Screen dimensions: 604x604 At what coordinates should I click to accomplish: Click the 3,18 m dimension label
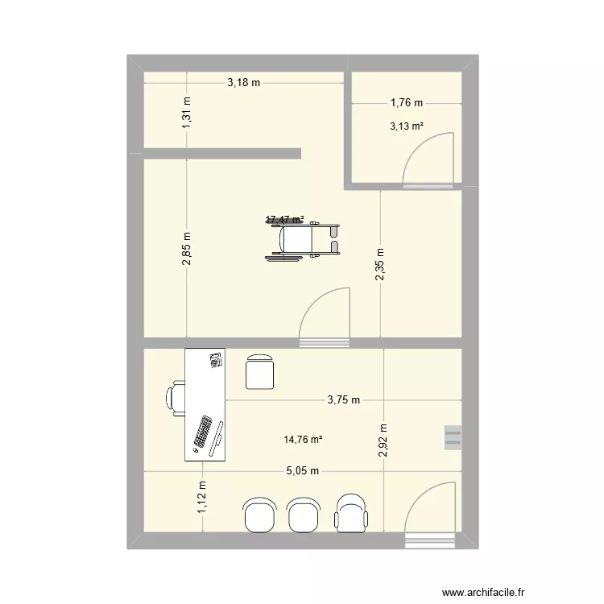coord(245,82)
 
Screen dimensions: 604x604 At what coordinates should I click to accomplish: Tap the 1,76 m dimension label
coord(407,103)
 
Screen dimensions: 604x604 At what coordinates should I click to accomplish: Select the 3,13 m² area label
coord(407,126)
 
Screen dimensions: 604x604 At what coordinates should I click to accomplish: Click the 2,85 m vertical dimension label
coord(187,250)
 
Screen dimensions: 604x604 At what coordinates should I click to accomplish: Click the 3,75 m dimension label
coord(344,399)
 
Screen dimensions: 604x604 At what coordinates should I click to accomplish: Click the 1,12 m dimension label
coord(202,497)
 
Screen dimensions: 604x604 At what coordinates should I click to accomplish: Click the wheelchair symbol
coord(304,239)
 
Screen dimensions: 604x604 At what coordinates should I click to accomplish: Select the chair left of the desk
coord(177,399)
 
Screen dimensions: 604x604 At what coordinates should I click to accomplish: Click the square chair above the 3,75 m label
coord(260,372)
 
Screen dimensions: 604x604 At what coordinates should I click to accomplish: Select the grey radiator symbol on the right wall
coord(451,436)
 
